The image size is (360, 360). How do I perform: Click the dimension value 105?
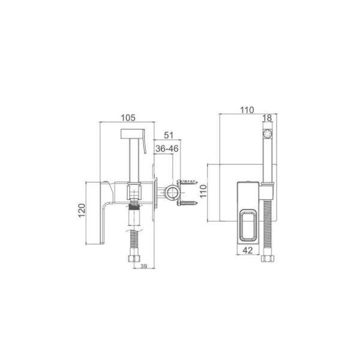click(128, 118)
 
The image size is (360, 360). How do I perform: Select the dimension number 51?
click(169, 135)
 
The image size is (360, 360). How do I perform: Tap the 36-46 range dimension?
click(167, 149)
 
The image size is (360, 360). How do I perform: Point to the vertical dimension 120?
click(82, 211)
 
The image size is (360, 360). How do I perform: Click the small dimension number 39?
click(144, 266)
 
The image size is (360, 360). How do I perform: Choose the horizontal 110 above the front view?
click(247, 110)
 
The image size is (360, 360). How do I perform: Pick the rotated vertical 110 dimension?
click(203, 191)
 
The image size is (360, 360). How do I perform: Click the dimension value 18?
click(267, 118)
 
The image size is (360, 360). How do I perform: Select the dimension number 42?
click(247, 250)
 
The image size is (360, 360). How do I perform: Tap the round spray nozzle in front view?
click(268, 134)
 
